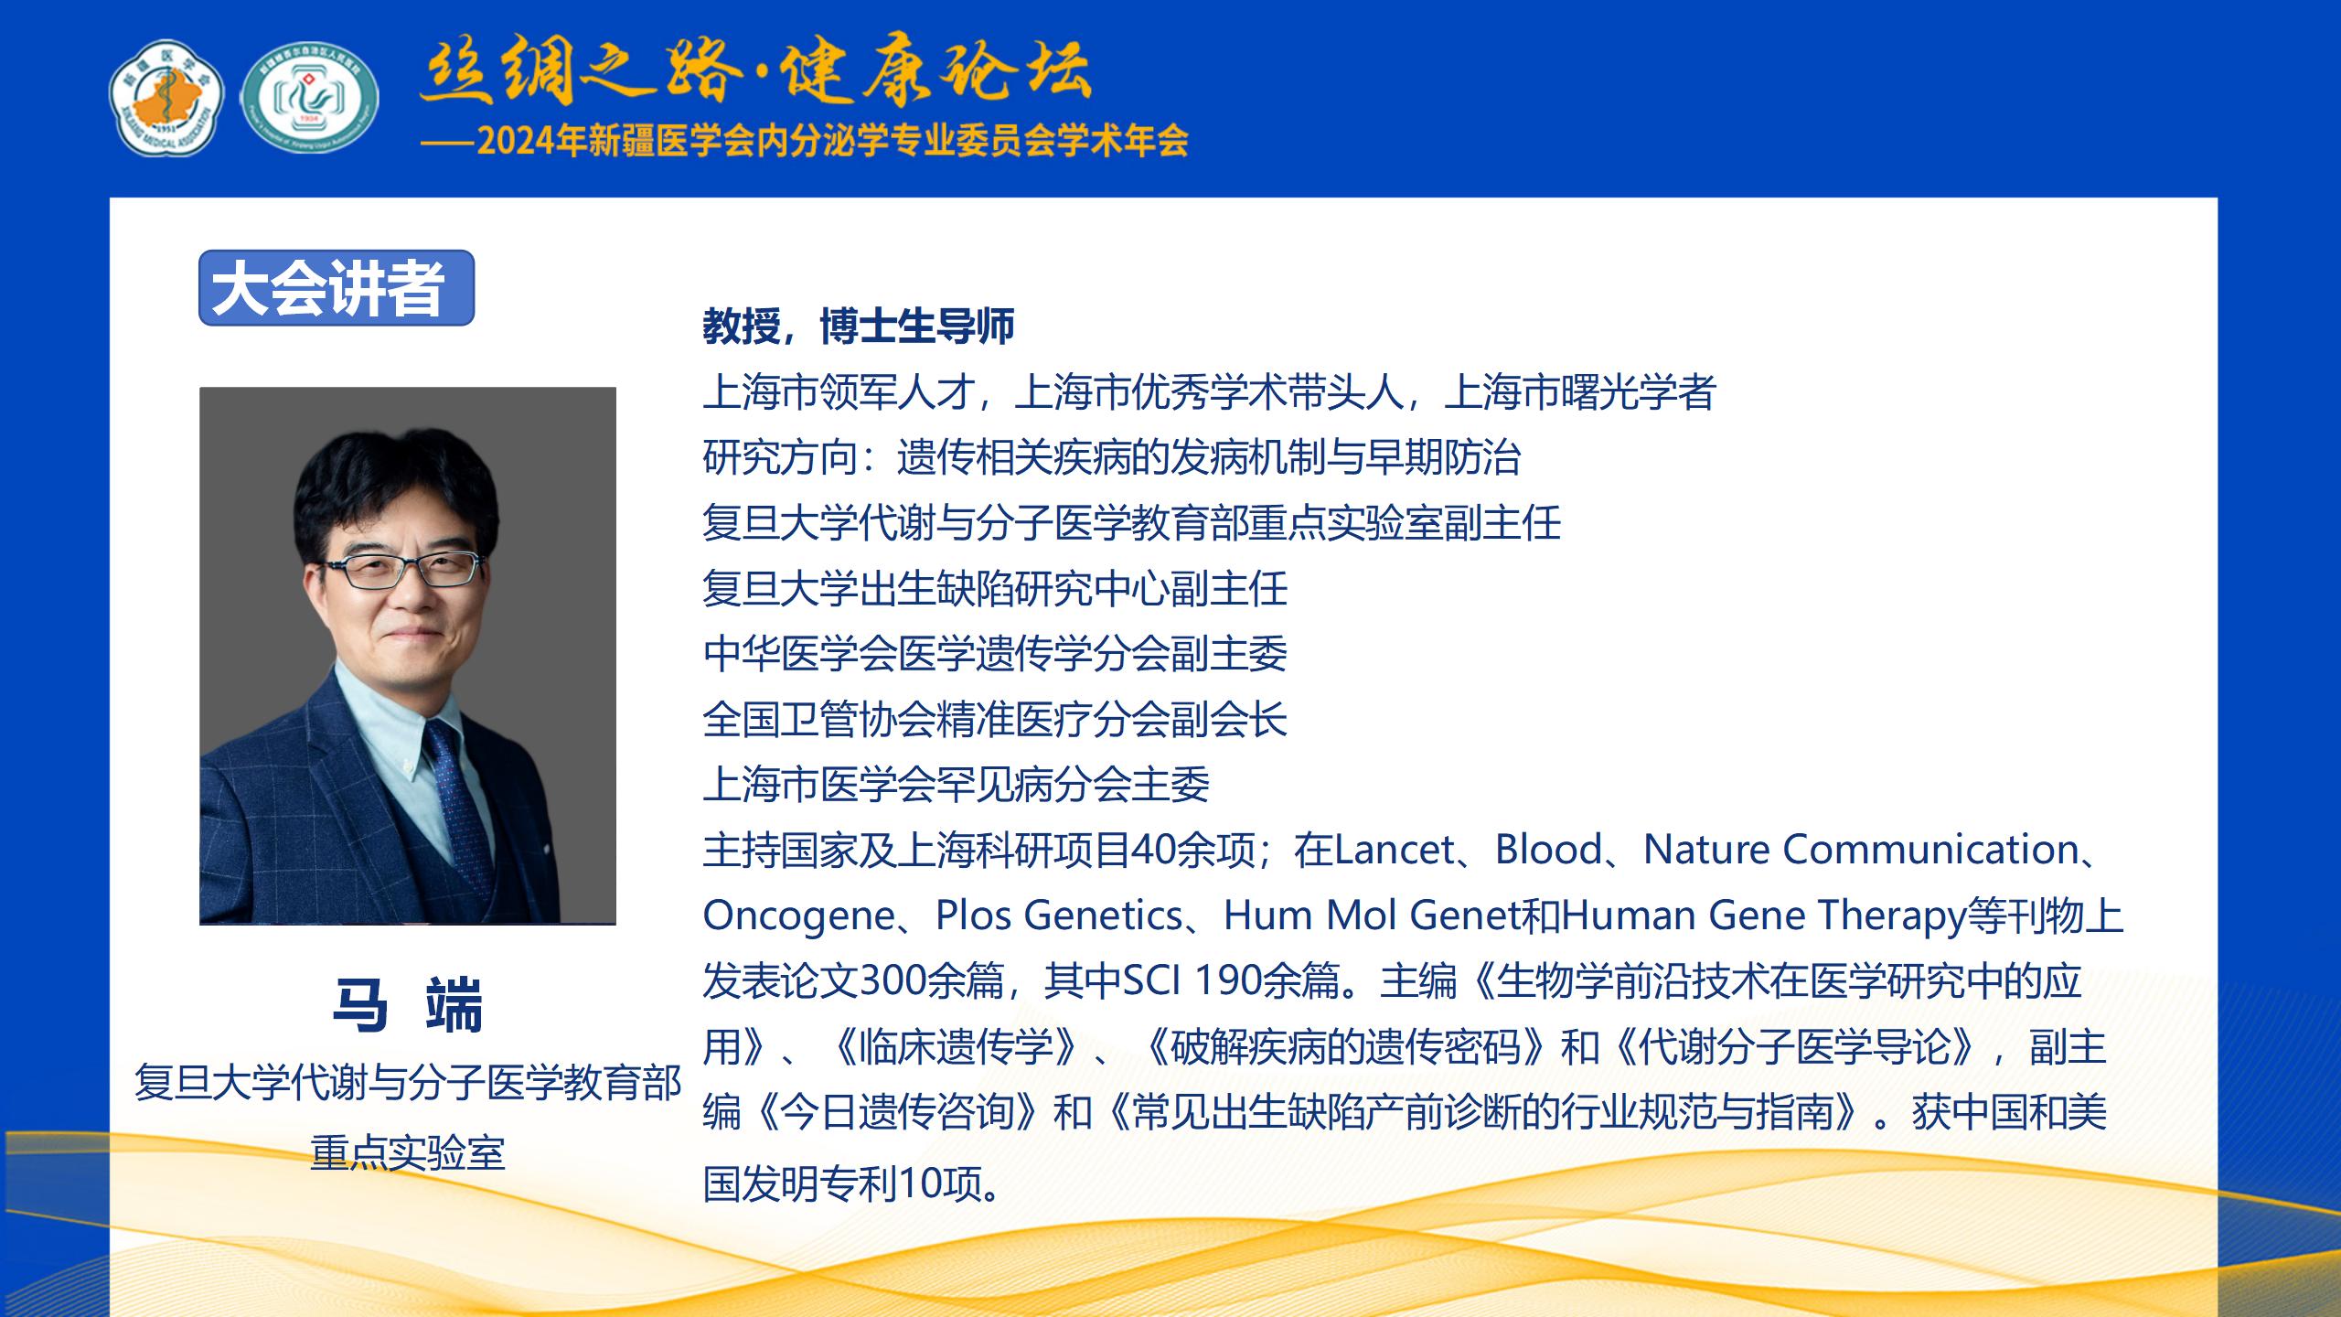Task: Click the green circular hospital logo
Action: coord(310,97)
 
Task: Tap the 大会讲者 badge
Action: coord(337,288)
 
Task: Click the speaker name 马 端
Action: coord(408,1006)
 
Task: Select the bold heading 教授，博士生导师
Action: coord(859,327)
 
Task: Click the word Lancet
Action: coord(1394,850)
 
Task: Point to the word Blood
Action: coord(1548,850)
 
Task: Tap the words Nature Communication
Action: coord(1861,850)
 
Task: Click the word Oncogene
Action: coord(798,915)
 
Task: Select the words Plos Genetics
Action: coord(1059,915)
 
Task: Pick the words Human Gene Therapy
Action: coord(1764,915)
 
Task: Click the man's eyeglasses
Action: coord(402,568)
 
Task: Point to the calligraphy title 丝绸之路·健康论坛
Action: coord(754,70)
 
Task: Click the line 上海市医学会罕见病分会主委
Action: coord(956,785)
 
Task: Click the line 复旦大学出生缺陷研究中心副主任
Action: coord(995,588)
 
